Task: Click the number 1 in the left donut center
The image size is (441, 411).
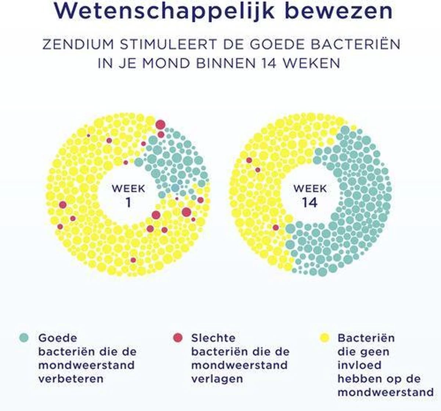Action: tap(128, 203)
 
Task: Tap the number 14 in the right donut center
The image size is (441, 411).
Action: tap(310, 203)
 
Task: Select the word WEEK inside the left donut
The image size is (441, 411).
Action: tap(128, 189)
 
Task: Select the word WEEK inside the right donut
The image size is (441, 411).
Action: tap(310, 189)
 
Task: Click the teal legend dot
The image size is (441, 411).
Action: tap(24, 338)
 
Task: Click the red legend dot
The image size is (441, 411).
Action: tap(178, 338)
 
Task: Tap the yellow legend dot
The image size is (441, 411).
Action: tap(325, 338)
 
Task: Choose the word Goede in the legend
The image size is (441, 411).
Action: tap(58, 338)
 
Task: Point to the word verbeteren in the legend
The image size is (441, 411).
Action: tap(71, 379)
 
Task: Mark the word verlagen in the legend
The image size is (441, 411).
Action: tap(217, 379)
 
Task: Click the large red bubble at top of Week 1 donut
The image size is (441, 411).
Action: tap(160, 125)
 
